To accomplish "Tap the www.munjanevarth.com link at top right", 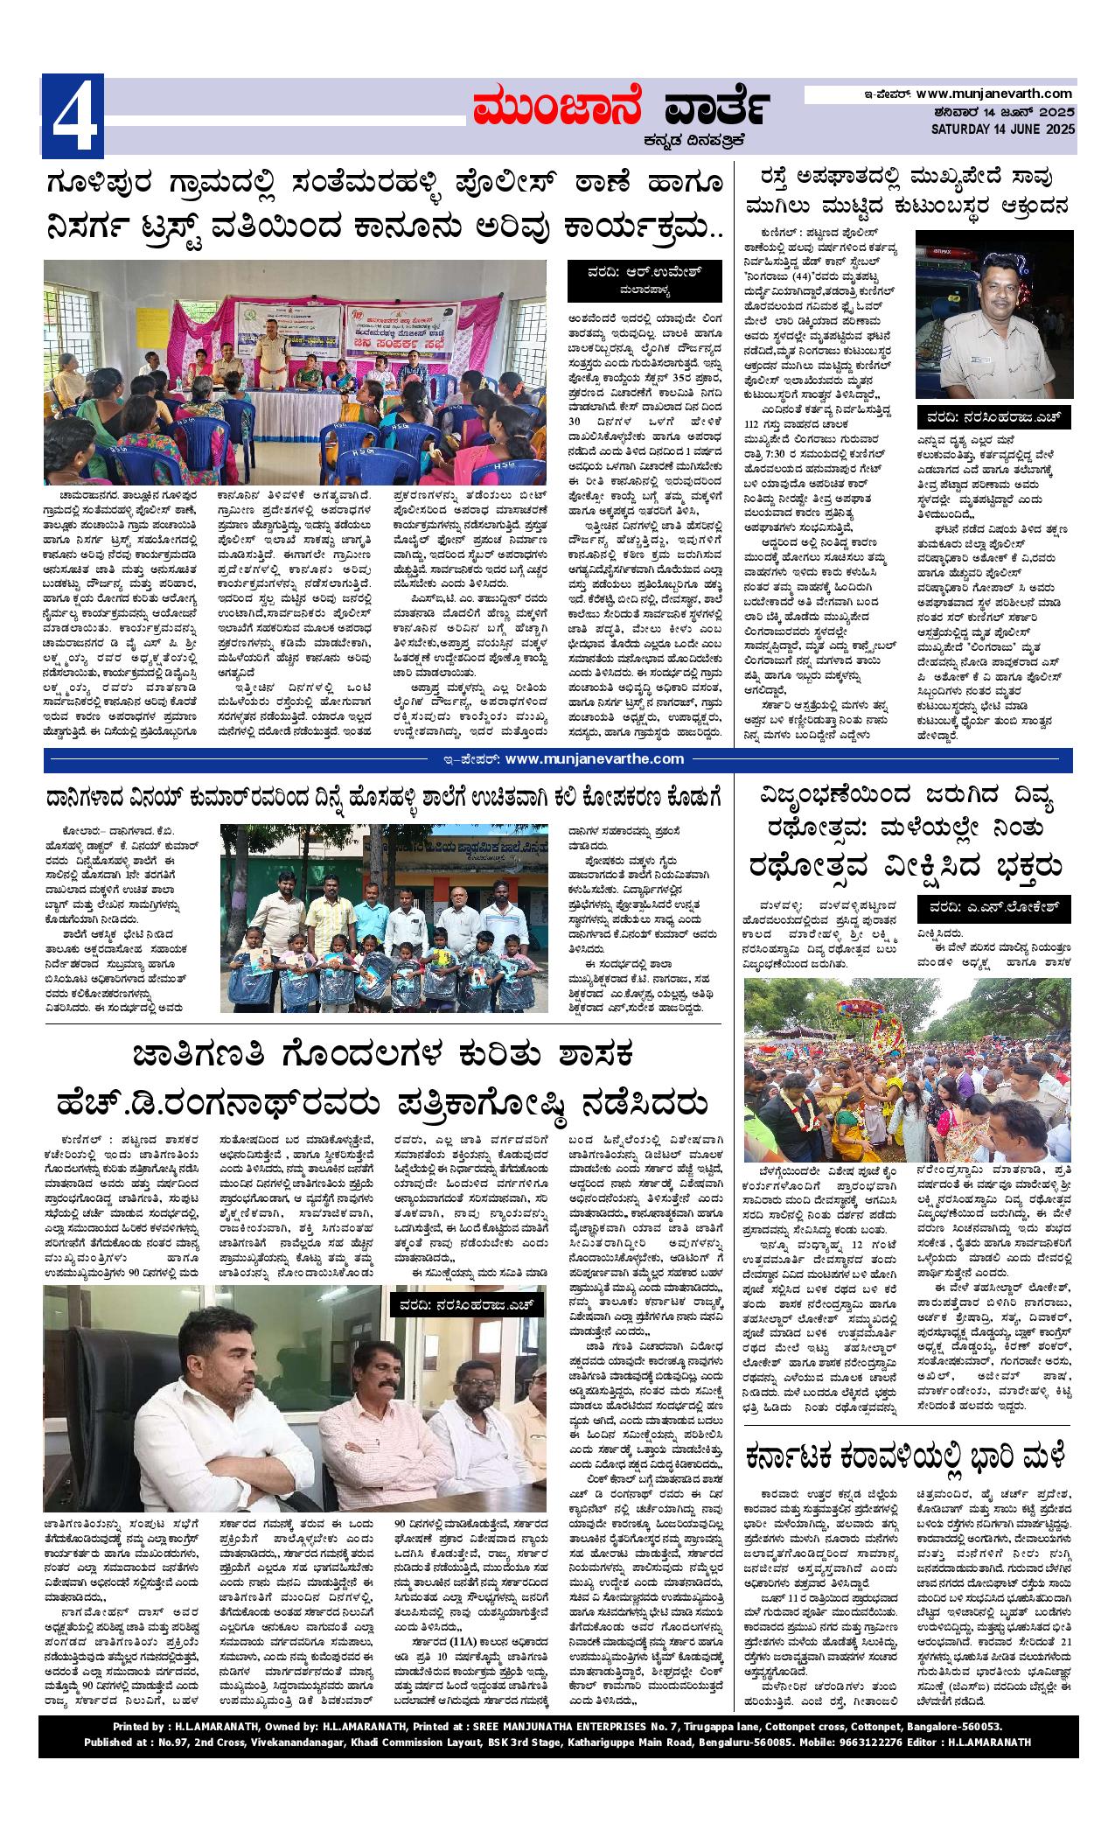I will tap(994, 93).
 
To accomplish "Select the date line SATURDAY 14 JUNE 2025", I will tap(1002, 129).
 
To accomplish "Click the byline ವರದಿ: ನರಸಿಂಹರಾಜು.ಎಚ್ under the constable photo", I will tap(994, 418).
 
